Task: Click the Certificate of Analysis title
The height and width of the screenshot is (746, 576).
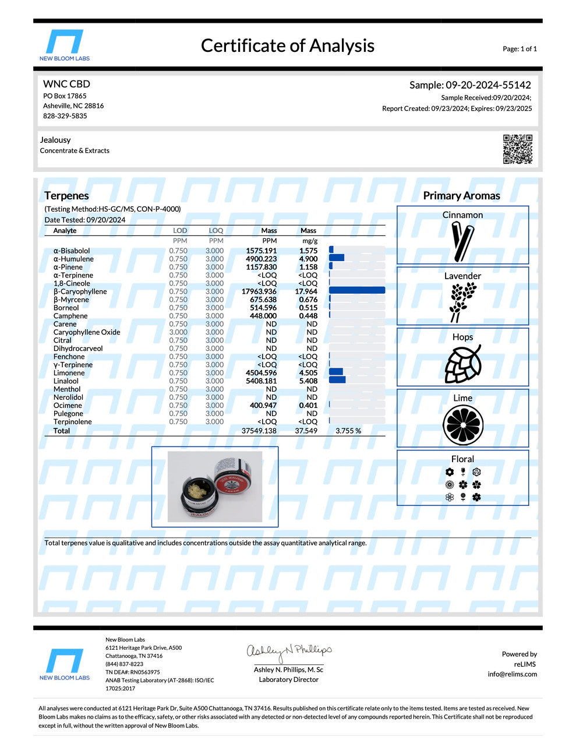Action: pyautogui.click(x=287, y=45)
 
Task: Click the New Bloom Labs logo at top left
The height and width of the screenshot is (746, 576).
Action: pyautogui.click(x=65, y=45)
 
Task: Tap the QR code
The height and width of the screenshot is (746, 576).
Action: pyautogui.click(x=517, y=149)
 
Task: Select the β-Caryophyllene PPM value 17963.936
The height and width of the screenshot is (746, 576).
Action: pyautogui.click(x=259, y=291)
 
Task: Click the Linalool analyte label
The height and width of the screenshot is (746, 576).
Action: pyautogui.click(x=66, y=381)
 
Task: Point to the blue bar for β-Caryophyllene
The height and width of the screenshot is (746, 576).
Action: pyautogui.click(x=356, y=291)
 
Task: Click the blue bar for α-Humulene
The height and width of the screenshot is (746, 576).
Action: pyautogui.click(x=337, y=258)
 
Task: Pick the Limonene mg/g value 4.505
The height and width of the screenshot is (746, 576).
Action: pyautogui.click(x=308, y=373)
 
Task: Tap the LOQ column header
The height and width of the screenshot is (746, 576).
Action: pyautogui.click(x=215, y=231)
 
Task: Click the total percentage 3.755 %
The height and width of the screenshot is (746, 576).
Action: pyautogui.click(x=348, y=431)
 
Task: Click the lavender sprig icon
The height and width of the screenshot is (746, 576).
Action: pyautogui.click(x=462, y=302)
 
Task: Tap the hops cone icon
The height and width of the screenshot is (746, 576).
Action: pyautogui.click(x=463, y=364)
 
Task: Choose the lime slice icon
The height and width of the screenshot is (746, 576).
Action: pyautogui.click(x=462, y=425)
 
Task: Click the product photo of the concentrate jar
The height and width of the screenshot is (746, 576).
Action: pyautogui.click(x=214, y=487)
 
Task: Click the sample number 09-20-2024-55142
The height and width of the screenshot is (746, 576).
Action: pyautogui.click(x=488, y=85)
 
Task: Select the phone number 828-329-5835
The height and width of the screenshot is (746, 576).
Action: pyautogui.click(x=65, y=116)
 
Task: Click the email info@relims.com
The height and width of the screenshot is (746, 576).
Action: pyautogui.click(x=512, y=674)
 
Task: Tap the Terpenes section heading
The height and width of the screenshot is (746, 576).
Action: pyautogui.click(x=66, y=196)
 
